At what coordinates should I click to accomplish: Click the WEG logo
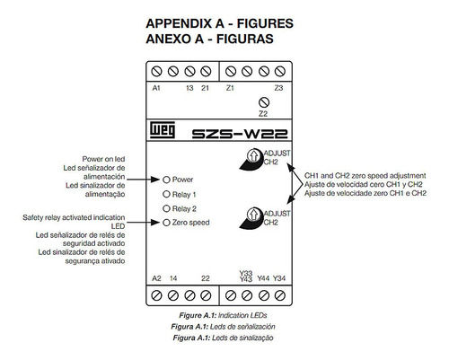tap(163, 130)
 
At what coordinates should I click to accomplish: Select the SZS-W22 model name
tap(240, 134)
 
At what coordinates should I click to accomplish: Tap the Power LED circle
tap(166, 180)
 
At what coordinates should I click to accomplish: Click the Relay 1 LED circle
tap(166, 194)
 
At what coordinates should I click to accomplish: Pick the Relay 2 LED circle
tap(166, 208)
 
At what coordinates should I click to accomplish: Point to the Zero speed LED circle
tap(166, 223)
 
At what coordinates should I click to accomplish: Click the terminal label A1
tap(156, 88)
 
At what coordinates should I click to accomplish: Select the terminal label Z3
tap(278, 88)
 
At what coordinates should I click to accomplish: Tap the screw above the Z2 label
tap(264, 102)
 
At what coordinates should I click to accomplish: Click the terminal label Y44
tap(263, 278)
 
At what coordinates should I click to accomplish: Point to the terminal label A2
tap(156, 278)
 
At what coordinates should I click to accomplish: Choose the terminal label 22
tap(206, 278)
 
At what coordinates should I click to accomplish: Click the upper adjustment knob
tap(253, 155)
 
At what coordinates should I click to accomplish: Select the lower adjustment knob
tap(253, 215)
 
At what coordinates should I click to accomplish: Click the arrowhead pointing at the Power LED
tap(155, 180)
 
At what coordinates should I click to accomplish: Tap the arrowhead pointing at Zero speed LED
tap(155, 223)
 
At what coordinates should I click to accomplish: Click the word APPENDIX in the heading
tap(179, 23)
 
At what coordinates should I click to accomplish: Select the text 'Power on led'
tap(103, 159)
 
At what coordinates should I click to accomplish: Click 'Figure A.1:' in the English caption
tap(198, 315)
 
